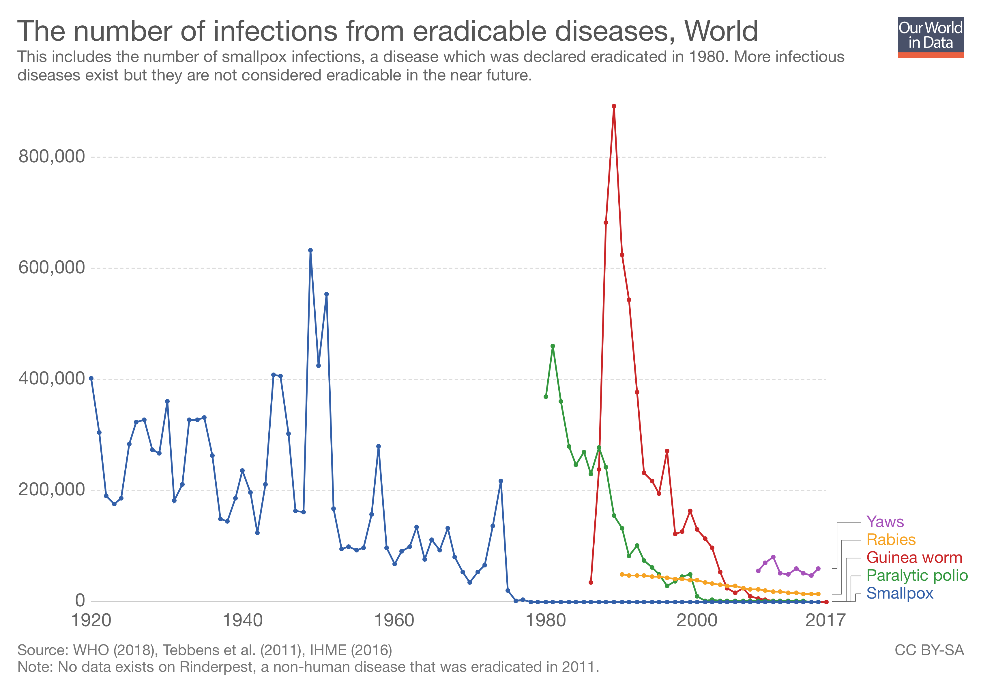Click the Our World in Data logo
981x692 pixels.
930,37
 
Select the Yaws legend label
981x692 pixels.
885,522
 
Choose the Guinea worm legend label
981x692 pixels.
914,558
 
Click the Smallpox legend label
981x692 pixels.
899,593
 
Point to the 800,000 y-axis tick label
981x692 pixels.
52,157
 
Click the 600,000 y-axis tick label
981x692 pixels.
52,268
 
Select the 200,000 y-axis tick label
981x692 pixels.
52,490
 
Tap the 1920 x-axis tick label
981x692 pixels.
91,620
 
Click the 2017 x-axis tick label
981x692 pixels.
825,620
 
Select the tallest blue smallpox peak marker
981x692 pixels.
311,251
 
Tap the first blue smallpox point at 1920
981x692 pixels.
91,378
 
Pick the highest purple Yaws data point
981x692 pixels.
773,557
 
